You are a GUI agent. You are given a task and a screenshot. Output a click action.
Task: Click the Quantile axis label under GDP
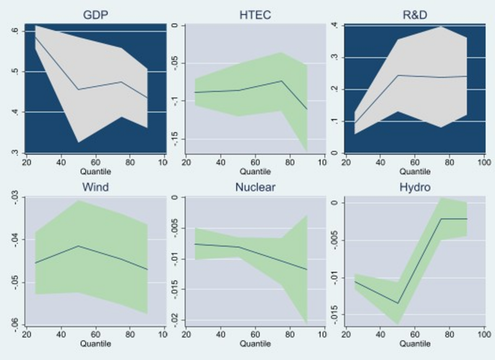tap(96, 172)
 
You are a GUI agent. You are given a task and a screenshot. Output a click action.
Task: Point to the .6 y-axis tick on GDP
tap(14, 30)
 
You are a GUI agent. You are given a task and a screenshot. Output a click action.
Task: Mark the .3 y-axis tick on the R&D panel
tap(334, 57)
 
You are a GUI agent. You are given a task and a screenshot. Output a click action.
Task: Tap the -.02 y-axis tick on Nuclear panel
tap(171, 319)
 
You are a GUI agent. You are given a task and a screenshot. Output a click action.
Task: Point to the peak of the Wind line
tap(79, 246)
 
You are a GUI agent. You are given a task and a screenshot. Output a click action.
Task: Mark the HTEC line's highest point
tap(282, 81)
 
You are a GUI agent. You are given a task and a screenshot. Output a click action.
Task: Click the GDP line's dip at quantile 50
tap(79, 90)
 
